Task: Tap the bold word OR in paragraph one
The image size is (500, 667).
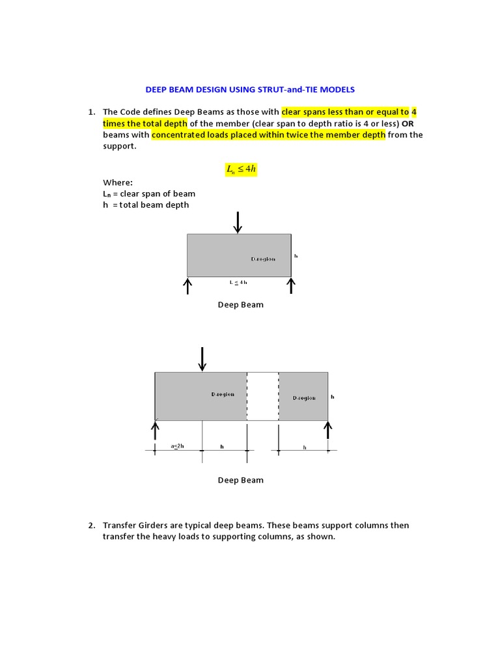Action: click(407, 123)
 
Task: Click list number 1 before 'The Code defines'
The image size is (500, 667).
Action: click(92, 111)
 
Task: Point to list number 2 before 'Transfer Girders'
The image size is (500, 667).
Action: click(92, 525)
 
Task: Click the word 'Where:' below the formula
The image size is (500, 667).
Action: click(118, 182)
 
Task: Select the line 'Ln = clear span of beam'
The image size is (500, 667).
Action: click(149, 193)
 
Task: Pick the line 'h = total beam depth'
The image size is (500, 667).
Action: click(146, 205)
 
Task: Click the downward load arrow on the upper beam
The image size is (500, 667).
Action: click(238, 221)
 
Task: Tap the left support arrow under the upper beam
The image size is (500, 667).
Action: click(187, 285)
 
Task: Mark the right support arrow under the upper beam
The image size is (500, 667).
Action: click(291, 285)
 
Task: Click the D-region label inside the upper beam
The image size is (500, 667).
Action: click(263, 259)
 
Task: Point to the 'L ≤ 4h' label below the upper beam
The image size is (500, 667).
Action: click(238, 282)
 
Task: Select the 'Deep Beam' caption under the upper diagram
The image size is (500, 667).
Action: click(240, 305)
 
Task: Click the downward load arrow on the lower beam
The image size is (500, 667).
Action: click(202, 359)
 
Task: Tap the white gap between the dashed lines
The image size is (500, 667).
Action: click(263, 396)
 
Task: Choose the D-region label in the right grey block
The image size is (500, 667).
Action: click(304, 397)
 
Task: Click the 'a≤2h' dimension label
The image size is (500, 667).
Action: click(178, 446)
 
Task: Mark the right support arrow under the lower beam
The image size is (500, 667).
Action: click(328, 429)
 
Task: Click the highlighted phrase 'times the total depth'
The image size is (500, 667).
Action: click(145, 123)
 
